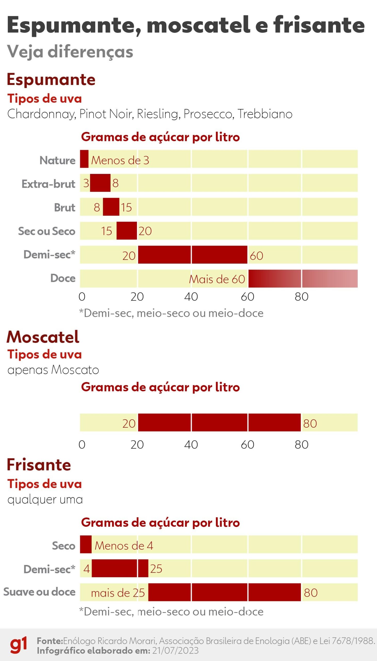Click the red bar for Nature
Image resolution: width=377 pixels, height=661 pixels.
[84, 159]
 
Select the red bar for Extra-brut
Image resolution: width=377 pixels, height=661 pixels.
[100, 183]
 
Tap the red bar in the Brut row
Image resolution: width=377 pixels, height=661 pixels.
[111, 207]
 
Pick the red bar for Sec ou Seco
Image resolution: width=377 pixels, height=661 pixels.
[127, 230]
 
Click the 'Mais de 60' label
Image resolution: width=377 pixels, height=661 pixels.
[217, 279]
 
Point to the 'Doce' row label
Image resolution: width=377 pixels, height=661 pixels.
[63, 278]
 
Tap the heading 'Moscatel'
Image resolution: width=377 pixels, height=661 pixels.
[43, 337]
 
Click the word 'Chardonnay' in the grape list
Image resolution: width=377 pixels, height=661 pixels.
[42, 114]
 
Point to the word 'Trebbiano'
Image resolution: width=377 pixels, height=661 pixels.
[265, 114]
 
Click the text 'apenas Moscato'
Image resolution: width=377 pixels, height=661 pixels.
[53, 370]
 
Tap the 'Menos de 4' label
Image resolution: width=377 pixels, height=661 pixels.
[124, 546]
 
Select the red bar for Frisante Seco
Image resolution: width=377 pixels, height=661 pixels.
[86, 544]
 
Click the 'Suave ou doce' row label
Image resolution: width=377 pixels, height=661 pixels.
[39, 592]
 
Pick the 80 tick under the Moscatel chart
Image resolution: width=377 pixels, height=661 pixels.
[301, 445]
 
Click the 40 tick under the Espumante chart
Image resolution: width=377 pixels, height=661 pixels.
[191, 297]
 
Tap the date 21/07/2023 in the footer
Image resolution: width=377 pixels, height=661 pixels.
[175, 650]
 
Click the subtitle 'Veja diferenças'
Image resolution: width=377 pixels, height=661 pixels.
[70, 52]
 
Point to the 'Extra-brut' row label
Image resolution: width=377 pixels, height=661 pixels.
[48, 184]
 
